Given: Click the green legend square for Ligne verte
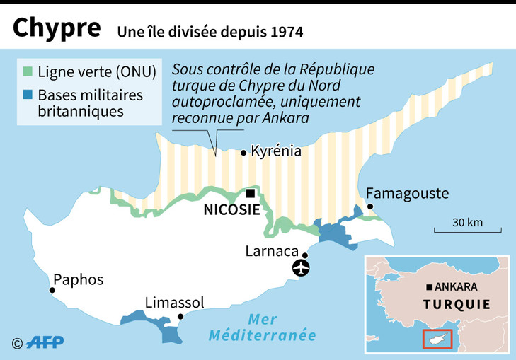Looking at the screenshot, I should [x=28, y=71].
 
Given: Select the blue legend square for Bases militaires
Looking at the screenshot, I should [x=28, y=95].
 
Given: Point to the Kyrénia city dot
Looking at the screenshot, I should [x=243, y=152].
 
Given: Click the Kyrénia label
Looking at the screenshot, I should [x=276, y=151].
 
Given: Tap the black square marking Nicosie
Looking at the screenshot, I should [x=249, y=193].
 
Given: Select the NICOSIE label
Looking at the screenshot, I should [x=231, y=210].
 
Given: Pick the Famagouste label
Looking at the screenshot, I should [x=407, y=194].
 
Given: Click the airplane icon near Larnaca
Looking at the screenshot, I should [x=302, y=269].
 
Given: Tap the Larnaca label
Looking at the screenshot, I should [x=270, y=250].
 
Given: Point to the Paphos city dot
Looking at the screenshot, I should [x=52, y=290].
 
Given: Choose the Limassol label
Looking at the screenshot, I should [x=174, y=303].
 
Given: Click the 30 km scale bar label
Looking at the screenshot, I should [x=467, y=222].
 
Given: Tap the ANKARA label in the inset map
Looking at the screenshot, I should [x=457, y=287].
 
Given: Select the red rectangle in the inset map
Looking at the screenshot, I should [x=437, y=339].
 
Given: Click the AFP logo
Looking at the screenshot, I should [x=45, y=342].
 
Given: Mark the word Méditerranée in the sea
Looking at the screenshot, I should [x=262, y=335].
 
